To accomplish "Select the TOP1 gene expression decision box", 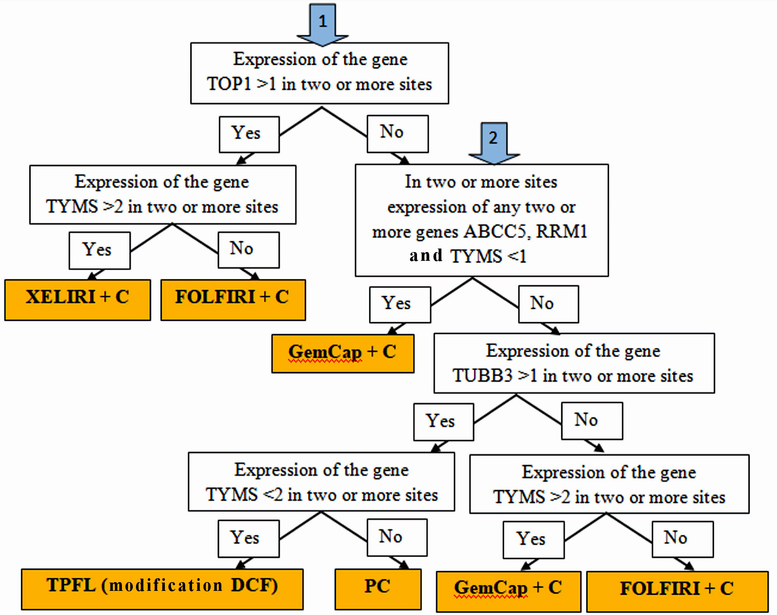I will click(x=320, y=73).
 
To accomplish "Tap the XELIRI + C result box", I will click(x=78, y=300).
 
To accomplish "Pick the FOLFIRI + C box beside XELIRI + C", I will click(x=233, y=300).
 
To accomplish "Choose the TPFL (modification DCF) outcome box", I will click(x=162, y=589).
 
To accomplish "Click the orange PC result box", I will click(x=378, y=589).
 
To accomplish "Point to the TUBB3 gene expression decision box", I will click(x=574, y=363).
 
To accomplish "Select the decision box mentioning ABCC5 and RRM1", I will click(x=481, y=220).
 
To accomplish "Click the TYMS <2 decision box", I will click(x=321, y=481).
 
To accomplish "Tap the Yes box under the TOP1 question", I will click(x=249, y=134).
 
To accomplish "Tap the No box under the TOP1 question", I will click(x=397, y=134).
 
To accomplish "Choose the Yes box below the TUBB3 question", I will click(x=443, y=422).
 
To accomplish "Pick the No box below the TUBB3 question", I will click(x=592, y=421).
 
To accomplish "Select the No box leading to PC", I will click(x=397, y=537).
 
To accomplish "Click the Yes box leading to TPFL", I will click(x=248, y=538).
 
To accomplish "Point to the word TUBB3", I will click(x=482, y=376).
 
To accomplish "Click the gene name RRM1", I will click(x=562, y=231).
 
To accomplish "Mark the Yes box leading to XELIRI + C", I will click(x=100, y=250).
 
